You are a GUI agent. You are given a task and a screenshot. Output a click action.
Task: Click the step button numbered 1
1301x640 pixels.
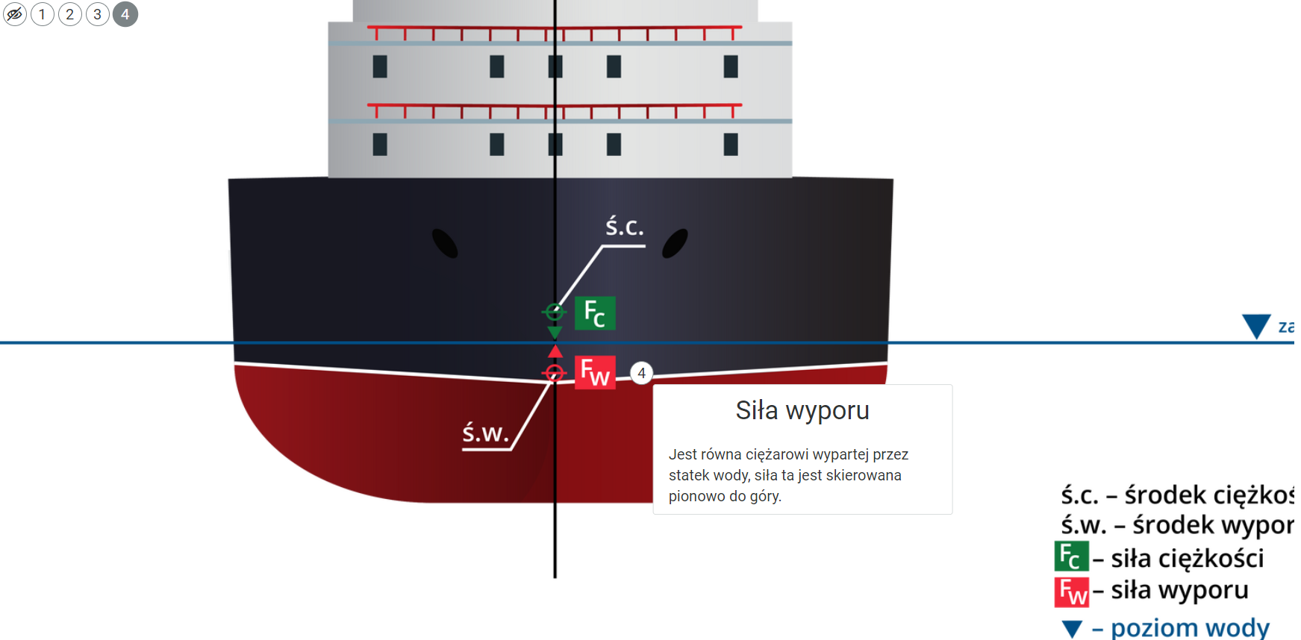pos(43,14)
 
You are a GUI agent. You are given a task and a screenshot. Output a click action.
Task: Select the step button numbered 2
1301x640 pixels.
pos(70,14)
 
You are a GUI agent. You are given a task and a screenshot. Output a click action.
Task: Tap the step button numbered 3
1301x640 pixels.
pos(98,14)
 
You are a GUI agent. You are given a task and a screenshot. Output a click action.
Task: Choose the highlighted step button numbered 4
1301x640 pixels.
pos(125,14)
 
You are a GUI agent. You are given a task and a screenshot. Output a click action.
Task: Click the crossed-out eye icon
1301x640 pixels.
pos(15,14)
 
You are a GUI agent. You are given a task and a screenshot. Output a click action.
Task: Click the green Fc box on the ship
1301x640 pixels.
pos(595,313)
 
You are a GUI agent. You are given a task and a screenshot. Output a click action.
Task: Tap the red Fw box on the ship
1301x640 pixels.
pos(595,372)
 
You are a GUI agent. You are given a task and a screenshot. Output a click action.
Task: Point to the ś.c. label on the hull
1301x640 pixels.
pos(624,227)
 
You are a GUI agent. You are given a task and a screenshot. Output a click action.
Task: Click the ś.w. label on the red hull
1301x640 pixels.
pos(485,433)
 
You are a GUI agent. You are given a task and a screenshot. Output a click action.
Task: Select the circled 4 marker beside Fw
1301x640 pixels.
pos(641,373)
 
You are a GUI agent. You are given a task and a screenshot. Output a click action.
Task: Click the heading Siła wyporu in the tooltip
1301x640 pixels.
pos(802,410)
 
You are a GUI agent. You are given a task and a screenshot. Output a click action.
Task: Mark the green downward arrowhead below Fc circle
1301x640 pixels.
pos(555,332)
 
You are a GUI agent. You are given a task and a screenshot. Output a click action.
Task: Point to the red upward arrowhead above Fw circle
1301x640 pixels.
pos(555,351)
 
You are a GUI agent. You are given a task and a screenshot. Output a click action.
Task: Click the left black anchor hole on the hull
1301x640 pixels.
pos(445,243)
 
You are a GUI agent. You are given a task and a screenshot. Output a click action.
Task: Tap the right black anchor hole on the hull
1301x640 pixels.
pos(675,243)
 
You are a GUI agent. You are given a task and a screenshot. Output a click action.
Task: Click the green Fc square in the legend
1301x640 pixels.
pos(1071,556)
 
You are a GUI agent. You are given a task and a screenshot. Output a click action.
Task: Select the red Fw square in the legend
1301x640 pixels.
pos(1071,592)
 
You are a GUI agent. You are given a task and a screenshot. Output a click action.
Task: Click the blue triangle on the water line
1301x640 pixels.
pos(1256,326)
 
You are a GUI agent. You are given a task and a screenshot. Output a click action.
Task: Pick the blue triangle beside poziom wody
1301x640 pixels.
pos(1072,629)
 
